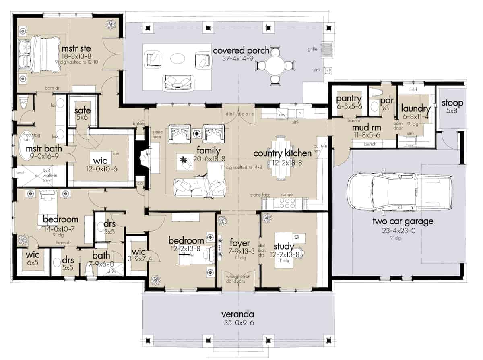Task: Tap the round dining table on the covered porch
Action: click(x=275, y=65)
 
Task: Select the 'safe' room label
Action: click(x=83, y=111)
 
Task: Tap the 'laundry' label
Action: click(x=415, y=108)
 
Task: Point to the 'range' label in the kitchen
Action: click(x=287, y=195)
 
